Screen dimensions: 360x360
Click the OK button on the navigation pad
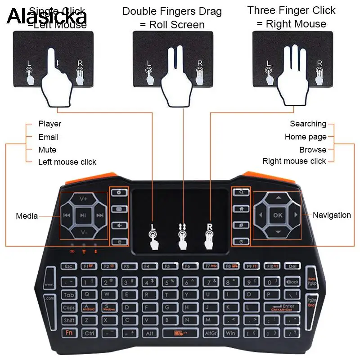(278, 215)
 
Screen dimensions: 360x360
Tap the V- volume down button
(83, 232)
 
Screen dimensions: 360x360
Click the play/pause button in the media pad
(83, 216)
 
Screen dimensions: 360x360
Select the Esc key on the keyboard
(69, 266)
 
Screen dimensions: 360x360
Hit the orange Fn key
(70, 333)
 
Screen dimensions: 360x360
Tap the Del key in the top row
(292, 266)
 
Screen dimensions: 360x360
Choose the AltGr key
(211, 333)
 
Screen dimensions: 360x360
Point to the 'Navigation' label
(332, 215)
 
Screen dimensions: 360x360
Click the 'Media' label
(27, 216)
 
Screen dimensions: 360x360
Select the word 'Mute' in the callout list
(47, 149)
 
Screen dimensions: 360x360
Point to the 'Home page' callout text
(305, 137)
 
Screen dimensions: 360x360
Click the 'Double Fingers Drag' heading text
(172, 12)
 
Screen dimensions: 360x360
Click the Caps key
(69, 308)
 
